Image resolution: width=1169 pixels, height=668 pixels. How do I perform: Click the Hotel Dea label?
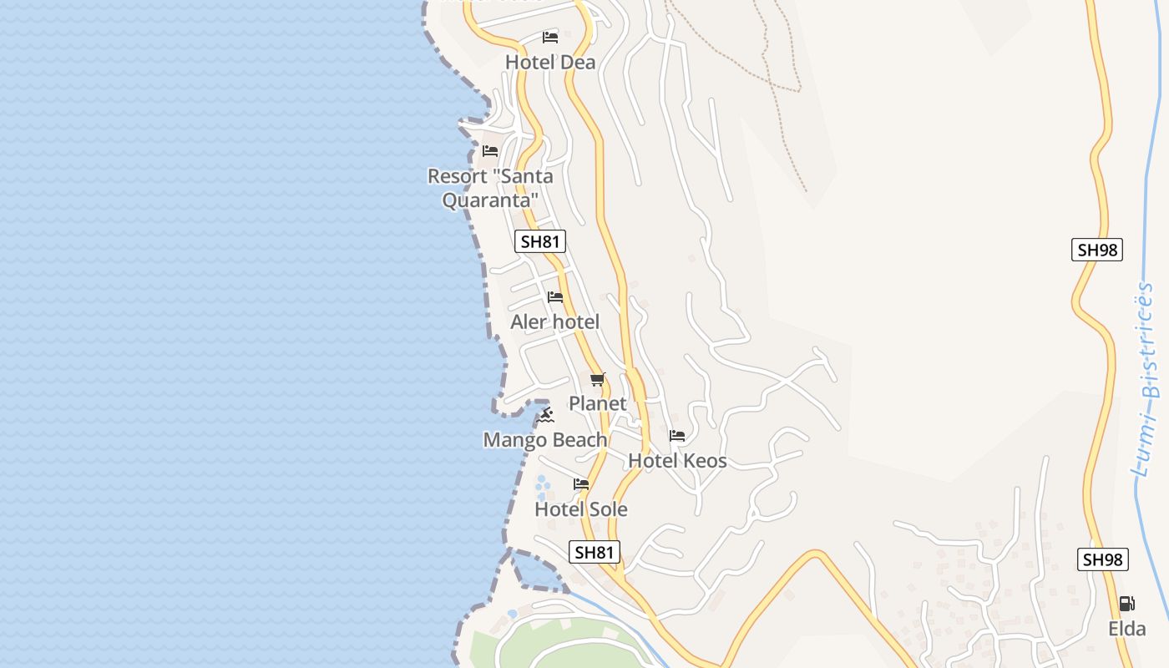click(550, 63)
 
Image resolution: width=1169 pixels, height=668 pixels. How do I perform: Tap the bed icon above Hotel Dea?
click(549, 38)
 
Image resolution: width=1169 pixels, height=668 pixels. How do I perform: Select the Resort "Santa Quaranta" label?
click(489, 188)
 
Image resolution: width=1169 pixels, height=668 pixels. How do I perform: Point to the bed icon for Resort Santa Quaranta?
click(490, 151)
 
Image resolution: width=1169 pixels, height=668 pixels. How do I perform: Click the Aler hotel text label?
click(554, 322)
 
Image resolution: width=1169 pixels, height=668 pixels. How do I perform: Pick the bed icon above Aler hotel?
click(555, 297)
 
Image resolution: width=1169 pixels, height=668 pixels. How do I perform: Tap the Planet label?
click(597, 404)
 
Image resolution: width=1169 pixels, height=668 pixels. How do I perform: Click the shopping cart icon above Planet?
click(597, 380)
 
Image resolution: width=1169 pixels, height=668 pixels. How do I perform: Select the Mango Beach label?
click(545, 440)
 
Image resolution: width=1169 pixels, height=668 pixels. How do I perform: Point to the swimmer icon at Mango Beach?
click(546, 414)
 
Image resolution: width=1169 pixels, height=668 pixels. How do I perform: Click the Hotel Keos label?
click(677, 461)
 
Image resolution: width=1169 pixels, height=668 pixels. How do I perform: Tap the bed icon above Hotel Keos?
click(677, 436)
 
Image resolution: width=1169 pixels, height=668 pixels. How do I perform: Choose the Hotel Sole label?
click(580, 509)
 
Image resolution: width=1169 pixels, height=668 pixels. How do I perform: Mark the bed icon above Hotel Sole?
click(581, 484)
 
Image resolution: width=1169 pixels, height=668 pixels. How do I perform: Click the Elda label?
click(1126, 629)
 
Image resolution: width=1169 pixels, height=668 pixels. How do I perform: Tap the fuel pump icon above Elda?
click(1126, 603)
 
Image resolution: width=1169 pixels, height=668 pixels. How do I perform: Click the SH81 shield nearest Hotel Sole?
click(595, 552)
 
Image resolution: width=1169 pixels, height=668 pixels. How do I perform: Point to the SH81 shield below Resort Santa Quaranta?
click(539, 242)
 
